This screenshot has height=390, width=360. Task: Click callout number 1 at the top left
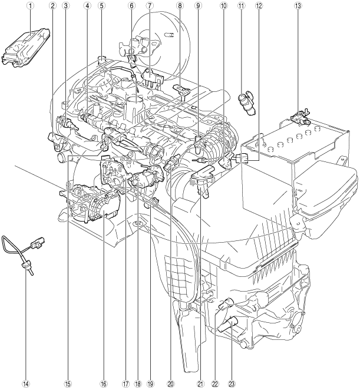[31, 6]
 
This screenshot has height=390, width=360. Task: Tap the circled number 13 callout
[298, 6]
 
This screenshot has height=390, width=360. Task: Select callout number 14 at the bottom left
[26, 384]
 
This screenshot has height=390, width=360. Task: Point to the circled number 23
[232, 384]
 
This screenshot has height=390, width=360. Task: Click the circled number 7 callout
[149, 6]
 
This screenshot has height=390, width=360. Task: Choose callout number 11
[241, 6]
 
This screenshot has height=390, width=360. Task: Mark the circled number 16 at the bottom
[104, 384]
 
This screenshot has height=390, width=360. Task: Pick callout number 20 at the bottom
[170, 384]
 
